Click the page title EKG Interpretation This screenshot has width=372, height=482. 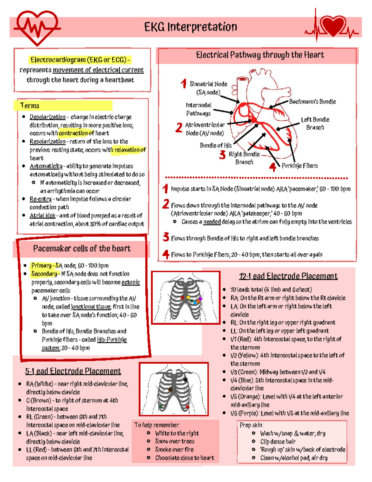tap(191, 27)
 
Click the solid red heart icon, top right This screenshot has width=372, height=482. tap(333, 26)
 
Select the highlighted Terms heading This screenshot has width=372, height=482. tap(30, 106)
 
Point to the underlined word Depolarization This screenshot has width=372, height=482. tap(47, 117)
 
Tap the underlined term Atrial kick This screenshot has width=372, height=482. tap(42, 216)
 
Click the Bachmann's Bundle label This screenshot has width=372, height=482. tap(312, 102)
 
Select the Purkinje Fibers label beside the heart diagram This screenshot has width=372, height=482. tap(299, 166)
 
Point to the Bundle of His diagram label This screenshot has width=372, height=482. tap(216, 145)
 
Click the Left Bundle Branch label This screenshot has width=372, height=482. tap(315, 124)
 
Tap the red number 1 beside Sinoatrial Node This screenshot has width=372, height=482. tap(184, 83)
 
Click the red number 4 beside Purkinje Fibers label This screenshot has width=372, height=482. tap(273, 167)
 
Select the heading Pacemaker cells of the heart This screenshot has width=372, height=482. tap(82, 249)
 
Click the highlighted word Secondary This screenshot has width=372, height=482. tap(44, 274)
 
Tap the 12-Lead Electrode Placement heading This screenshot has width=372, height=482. tap(288, 276)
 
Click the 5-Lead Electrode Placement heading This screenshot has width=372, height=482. tap(73, 371)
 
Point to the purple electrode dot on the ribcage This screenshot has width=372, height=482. tap(200, 299)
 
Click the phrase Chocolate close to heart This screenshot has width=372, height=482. tap(184, 458)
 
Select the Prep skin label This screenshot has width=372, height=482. tap(251, 425)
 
